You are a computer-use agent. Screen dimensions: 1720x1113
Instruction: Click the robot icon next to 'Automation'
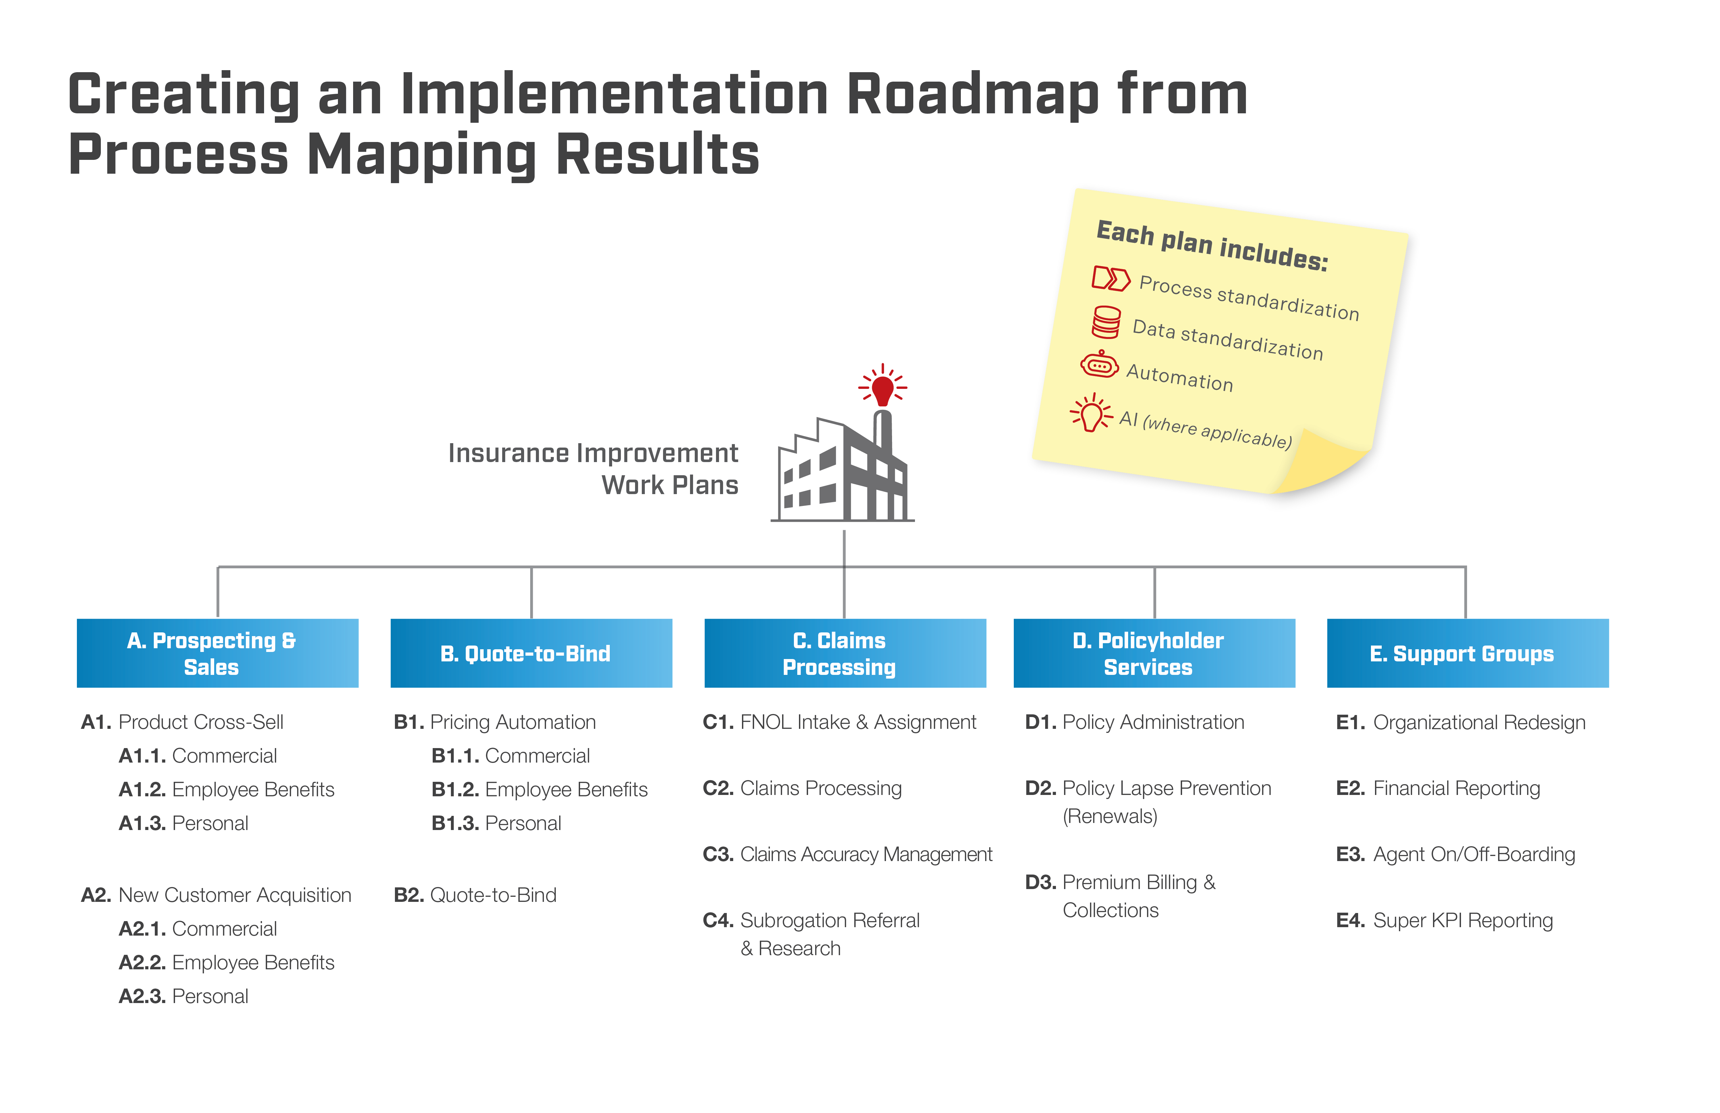(1099, 365)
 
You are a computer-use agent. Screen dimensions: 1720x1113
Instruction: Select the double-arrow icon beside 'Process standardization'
(1111, 278)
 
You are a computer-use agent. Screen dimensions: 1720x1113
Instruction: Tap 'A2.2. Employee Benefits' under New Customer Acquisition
(226, 963)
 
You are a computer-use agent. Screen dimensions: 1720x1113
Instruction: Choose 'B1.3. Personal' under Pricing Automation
(496, 823)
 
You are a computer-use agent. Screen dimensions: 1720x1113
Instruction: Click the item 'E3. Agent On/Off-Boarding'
(1456, 854)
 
